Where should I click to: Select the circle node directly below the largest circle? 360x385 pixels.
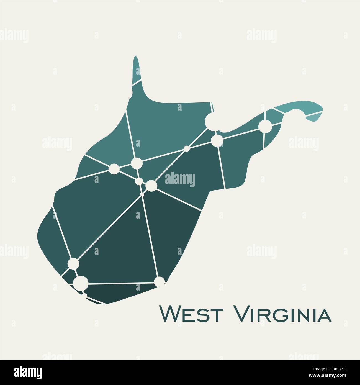coord(217,140)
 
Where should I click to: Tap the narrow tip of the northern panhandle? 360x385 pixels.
coord(135,60)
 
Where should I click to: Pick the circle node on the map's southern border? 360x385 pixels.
coord(159,282)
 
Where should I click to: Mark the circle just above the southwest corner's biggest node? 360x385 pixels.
coord(73,263)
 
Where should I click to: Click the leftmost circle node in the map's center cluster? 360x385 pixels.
coord(114,169)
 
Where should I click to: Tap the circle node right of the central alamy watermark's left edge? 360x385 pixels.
coord(151,186)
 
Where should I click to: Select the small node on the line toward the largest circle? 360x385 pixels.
coord(187,149)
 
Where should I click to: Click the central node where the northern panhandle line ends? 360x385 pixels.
coord(136,163)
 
